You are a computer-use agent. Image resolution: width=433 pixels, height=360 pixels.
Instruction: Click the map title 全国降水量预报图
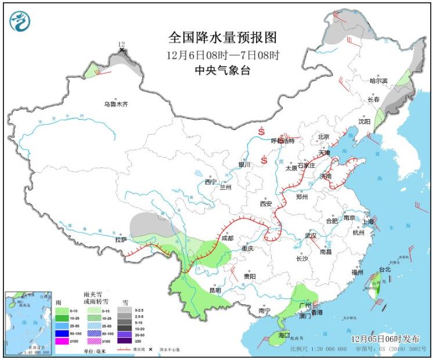click(x=223, y=38)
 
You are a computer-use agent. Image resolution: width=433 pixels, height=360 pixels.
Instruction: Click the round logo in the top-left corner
click(x=20, y=21)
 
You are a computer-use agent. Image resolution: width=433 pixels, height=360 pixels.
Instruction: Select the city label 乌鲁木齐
click(x=116, y=105)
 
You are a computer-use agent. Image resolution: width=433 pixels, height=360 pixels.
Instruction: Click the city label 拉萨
click(x=120, y=239)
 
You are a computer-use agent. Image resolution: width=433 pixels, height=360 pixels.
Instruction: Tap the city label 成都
click(x=227, y=238)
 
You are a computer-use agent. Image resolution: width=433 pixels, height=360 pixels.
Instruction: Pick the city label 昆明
click(x=215, y=290)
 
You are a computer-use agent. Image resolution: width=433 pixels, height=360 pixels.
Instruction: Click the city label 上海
click(x=367, y=222)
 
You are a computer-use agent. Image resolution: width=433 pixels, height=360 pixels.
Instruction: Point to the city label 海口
click(x=283, y=336)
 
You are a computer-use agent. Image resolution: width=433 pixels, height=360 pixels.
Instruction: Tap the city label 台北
click(x=385, y=269)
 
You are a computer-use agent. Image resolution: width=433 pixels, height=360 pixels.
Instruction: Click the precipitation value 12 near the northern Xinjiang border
click(x=121, y=44)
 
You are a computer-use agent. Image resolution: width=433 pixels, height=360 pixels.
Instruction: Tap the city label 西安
click(x=266, y=204)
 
